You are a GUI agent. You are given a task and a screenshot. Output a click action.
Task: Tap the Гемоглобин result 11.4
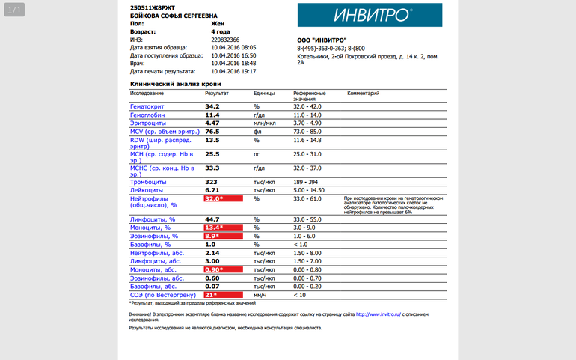click(x=212, y=115)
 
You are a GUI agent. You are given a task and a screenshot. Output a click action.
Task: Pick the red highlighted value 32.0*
click(x=223, y=199)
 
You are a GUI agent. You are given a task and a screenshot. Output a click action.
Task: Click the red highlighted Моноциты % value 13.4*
click(x=223, y=228)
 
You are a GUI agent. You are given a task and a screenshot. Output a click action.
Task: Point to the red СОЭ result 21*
click(x=223, y=295)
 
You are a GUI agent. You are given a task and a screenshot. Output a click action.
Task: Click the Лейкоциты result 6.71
click(x=212, y=190)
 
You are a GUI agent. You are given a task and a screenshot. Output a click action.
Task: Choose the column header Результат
click(x=217, y=94)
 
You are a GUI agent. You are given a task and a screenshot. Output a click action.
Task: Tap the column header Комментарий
click(x=363, y=94)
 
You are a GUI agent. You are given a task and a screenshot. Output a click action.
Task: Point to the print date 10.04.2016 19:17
click(x=233, y=71)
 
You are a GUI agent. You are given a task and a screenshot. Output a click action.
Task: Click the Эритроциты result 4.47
click(x=212, y=123)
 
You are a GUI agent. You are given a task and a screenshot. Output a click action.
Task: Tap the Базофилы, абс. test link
click(x=153, y=287)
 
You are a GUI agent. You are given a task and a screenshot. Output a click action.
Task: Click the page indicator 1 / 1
click(x=15, y=10)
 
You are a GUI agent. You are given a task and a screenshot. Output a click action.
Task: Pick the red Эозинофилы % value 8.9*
click(x=223, y=236)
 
